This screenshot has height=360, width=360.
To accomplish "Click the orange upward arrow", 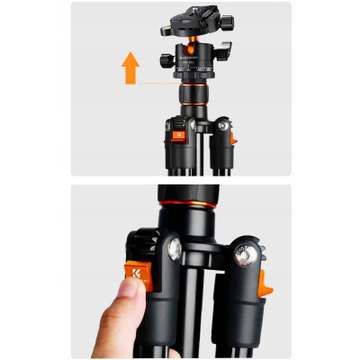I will pos(130,68).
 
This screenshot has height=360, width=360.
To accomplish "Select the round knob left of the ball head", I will pos(167,60).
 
